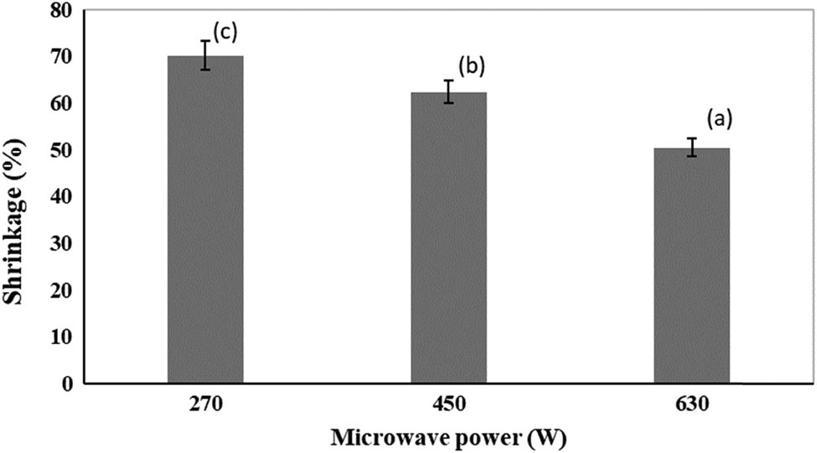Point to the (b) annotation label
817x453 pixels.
coord(471,65)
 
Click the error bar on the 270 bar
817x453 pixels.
coord(205,55)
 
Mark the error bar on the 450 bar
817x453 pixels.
coord(448,91)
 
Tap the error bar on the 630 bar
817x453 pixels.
coord(691,148)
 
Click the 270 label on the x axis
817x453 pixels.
coord(205,404)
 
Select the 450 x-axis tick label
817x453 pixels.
coord(448,404)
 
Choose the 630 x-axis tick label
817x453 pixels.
coord(691,404)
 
